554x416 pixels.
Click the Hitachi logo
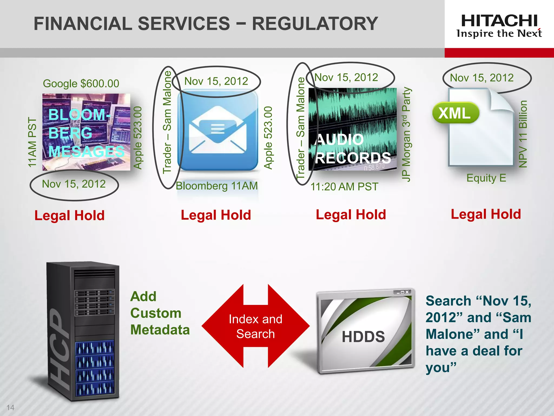pyautogui.click(x=499, y=26)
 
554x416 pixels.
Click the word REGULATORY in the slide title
pyautogui.click(x=315, y=24)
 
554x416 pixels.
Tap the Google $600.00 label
pyautogui.click(x=81, y=83)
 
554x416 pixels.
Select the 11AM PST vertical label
pyautogui.click(x=32, y=142)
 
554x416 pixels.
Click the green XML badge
pyautogui.click(x=455, y=113)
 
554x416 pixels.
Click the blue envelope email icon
pyautogui.click(x=218, y=130)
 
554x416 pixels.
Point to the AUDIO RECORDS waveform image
pyautogui.click(x=352, y=129)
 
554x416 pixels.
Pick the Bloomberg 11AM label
pyautogui.click(x=217, y=186)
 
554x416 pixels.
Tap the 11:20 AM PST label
pyautogui.click(x=344, y=187)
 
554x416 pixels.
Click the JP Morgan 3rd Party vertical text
pyautogui.click(x=406, y=134)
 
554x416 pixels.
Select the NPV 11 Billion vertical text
pyautogui.click(x=523, y=134)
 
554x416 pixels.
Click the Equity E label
pyautogui.click(x=486, y=178)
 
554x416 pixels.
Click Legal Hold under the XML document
pyautogui.click(x=486, y=214)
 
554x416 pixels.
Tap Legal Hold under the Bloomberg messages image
pyautogui.click(x=70, y=216)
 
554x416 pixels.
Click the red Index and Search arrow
pyautogui.click(x=255, y=326)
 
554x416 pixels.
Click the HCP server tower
pyautogui.click(x=83, y=330)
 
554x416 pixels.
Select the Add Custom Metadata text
pyautogui.click(x=160, y=313)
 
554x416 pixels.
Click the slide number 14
pyautogui.click(x=10, y=407)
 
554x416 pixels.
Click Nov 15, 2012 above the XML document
pyautogui.click(x=482, y=78)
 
